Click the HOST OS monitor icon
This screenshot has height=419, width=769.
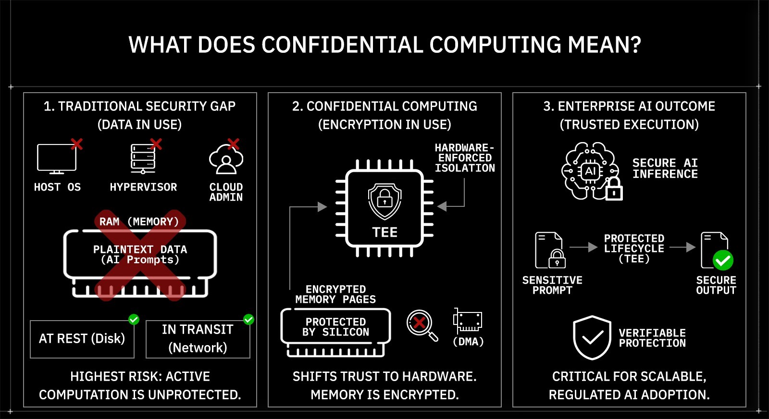(x=57, y=158)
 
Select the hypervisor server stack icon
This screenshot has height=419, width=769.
(x=143, y=158)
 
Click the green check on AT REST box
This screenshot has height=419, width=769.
(x=134, y=319)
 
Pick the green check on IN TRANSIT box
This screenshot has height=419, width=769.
(x=248, y=319)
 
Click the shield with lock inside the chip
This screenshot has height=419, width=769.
(x=384, y=200)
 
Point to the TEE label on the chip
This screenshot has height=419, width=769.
(x=384, y=233)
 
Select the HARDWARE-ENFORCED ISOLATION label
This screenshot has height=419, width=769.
(x=464, y=158)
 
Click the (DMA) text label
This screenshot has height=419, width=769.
(x=468, y=342)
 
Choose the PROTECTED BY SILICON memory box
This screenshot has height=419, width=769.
(x=335, y=327)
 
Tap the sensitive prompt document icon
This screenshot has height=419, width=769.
(x=550, y=250)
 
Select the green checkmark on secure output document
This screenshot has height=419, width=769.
(x=722, y=261)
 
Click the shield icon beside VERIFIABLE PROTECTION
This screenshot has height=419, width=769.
(x=592, y=337)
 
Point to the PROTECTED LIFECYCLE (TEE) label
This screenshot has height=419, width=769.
(x=634, y=249)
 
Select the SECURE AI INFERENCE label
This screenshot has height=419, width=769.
(x=665, y=168)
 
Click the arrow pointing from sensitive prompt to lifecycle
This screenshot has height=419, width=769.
(x=583, y=247)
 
